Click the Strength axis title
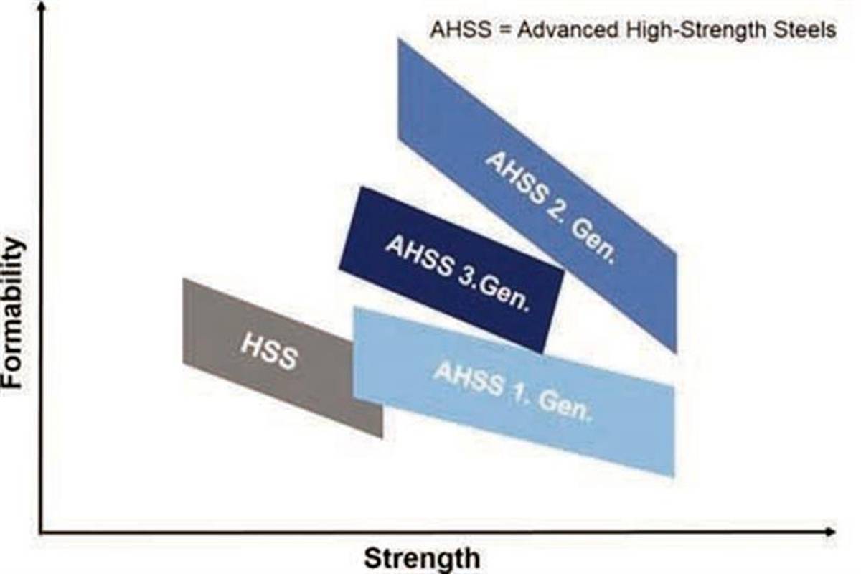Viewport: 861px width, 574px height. coord(421,557)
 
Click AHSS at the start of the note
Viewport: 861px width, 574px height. coord(449,31)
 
